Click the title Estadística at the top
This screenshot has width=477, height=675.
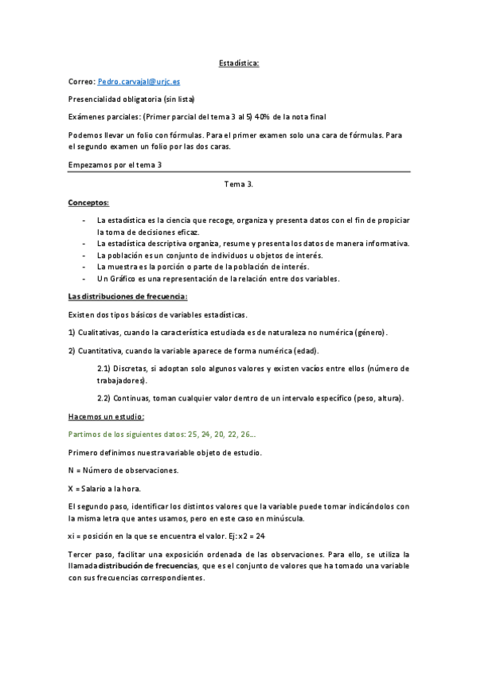click(x=239, y=63)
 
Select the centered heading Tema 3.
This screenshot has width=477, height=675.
click(x=239, y=184)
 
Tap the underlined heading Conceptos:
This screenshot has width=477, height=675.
click(x=89, y=202)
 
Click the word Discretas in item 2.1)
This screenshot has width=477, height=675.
click(x=133, y=369)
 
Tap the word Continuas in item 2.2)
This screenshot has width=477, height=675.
click(x=135, y=398)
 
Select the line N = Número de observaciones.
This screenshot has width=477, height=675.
click(x=123, y=470)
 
